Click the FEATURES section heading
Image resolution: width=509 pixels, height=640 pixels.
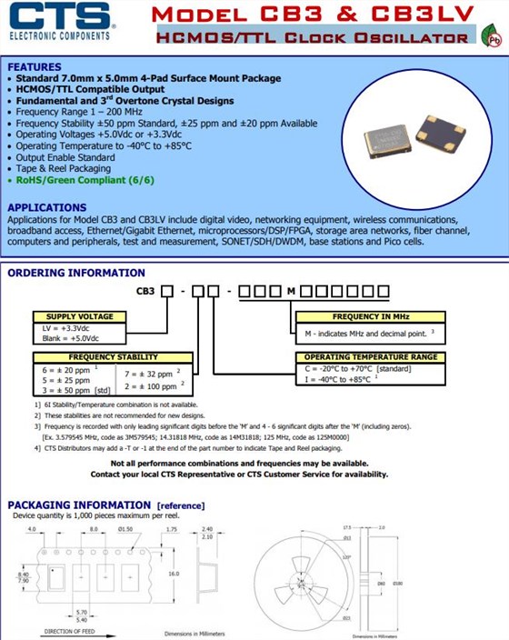(34, 67)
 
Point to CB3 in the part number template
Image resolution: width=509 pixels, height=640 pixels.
(145, 290)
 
